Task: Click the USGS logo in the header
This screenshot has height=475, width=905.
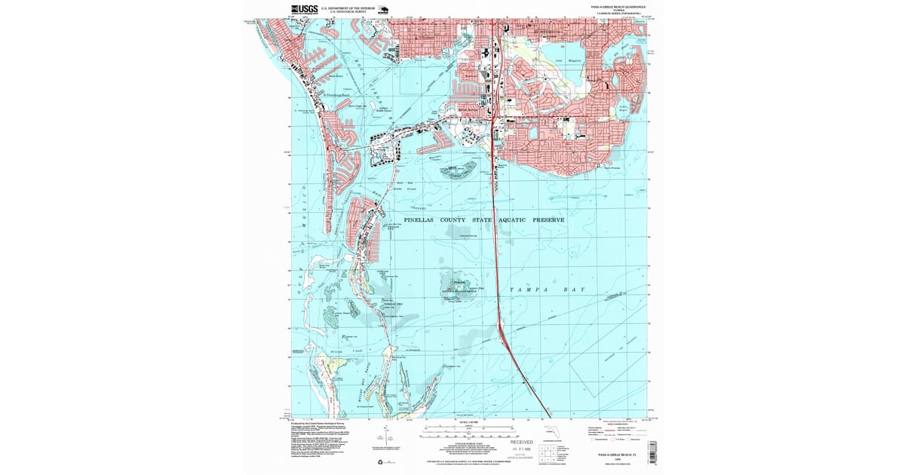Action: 304,11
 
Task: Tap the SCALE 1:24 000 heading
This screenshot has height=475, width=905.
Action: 468,420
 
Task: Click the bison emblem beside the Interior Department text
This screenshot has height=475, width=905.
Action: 383,11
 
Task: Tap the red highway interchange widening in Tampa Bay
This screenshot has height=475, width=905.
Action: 500,325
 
